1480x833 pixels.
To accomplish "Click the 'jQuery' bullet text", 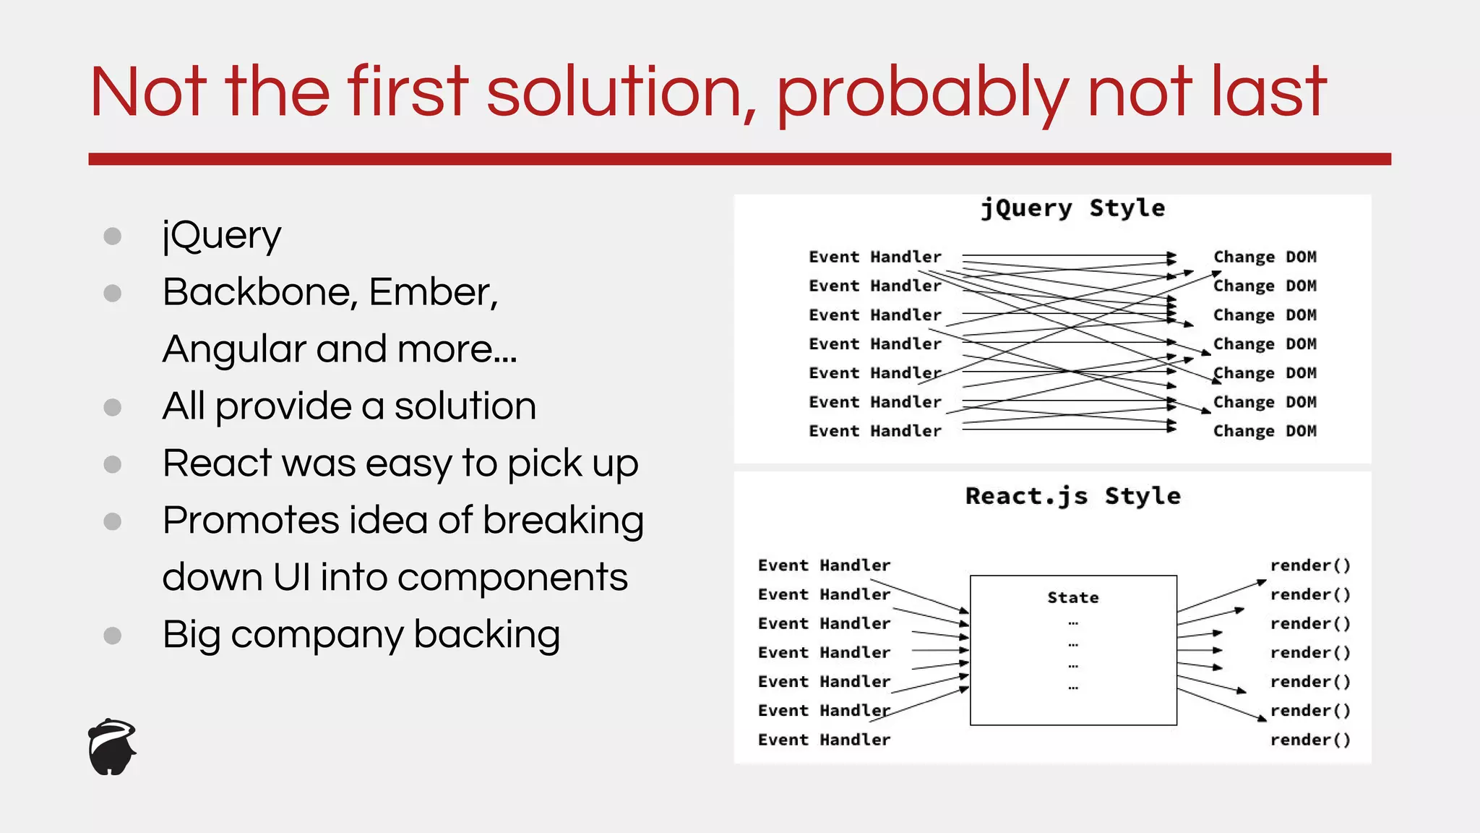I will coord(221,236).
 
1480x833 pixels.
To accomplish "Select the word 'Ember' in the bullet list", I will coord(432,292).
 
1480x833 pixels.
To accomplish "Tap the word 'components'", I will coord(512,577).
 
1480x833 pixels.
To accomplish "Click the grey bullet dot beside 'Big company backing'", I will coord(112,636).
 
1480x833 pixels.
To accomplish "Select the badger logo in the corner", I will coord(112,747).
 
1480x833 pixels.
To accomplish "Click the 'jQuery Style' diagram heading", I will coord(1072,208).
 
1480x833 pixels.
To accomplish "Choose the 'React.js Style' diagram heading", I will coord(1072,496).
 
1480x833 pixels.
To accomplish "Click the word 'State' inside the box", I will coord(1072,597).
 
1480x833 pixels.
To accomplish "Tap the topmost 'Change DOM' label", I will coord(1265,257).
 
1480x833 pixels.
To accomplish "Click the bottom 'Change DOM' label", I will coord(1265,431).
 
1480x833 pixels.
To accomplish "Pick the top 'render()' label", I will coord(1309,565).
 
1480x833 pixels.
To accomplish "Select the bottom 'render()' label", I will coord(1309,740).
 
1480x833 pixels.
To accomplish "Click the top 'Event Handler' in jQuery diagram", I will coord(874,257).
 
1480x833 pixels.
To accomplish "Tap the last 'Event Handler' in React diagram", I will coord(824,740).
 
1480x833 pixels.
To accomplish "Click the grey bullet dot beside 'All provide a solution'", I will coord(112,407).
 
